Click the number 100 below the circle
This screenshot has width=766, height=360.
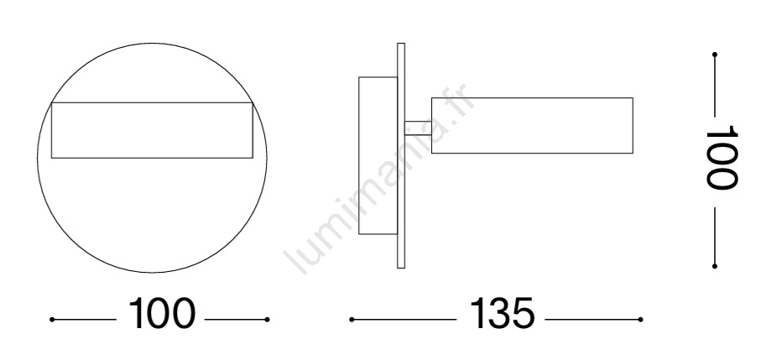point(162,313)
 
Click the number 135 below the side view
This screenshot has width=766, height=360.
point(502,313)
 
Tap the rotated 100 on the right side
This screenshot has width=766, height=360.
point(721,157)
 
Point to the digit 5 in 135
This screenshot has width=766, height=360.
point(524,313)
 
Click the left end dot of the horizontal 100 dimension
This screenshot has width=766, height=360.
point(52,320)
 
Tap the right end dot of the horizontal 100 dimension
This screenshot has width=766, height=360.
point(268,320)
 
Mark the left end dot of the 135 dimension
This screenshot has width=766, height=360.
point(352,320)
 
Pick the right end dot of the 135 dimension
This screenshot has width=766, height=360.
point(640,320)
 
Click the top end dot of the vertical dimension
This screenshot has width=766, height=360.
point(715,55)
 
